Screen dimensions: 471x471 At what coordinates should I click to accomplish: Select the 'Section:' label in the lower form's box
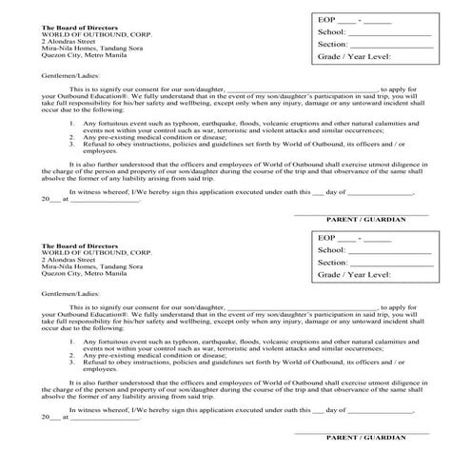(334, 262)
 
